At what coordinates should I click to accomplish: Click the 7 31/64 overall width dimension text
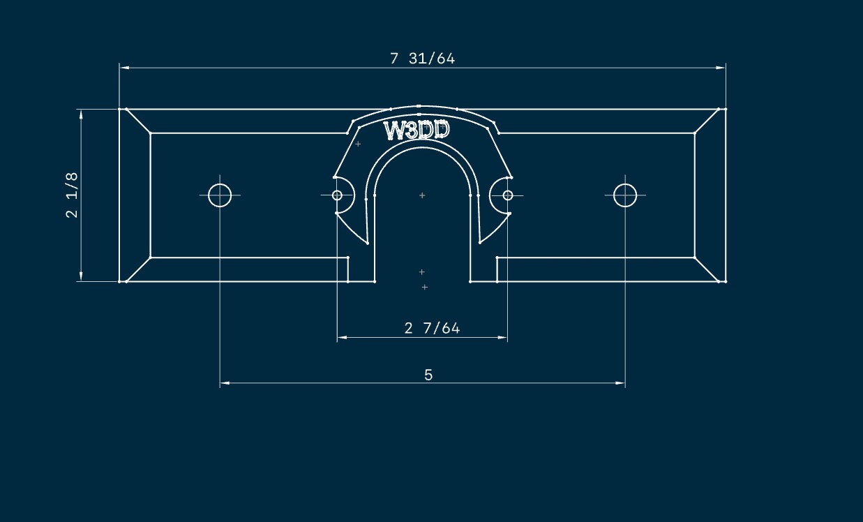(x=422, y=59)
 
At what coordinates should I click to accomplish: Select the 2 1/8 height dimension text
(x=72, y=195)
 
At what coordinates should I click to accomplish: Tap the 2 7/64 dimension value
(x=432, y=328)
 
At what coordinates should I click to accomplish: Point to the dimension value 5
(x=428, y=375)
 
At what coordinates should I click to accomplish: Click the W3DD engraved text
(x=417, y=131)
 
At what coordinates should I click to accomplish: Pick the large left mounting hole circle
(x=220, y=195)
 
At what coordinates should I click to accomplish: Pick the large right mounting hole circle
(x=625, y=195)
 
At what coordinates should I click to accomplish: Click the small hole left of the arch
(x=337, y=195)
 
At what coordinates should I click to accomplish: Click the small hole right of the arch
(x=508, y=195)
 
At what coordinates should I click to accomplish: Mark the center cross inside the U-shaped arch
(x=422, y=195)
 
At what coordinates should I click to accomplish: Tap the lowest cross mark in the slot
(x=424, y=287)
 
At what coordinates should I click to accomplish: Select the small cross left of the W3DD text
(x=358, y=144)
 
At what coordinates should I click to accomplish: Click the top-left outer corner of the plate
(x=119, y=109)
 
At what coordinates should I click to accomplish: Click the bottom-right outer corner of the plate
(x=726, y=281)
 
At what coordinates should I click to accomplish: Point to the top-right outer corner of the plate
(x=726, y=109)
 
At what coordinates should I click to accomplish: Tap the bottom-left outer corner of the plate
(x=119, y=281)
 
